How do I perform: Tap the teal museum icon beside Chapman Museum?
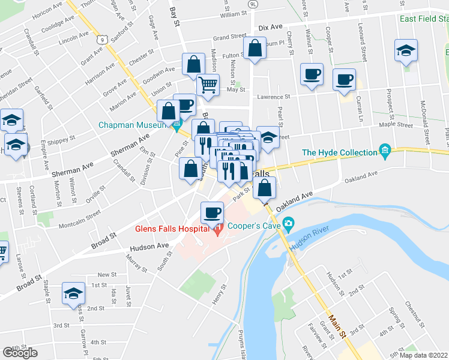(x=176, y=126)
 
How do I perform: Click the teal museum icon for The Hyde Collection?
(x=384, y=149)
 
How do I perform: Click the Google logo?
(x=20, y=353)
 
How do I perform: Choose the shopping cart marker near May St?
(x=208, y=85)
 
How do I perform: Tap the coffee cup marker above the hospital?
(x=211, y=212)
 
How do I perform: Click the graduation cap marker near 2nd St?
(x=73, y=293)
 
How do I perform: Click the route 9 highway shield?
(x=104, y=40)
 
